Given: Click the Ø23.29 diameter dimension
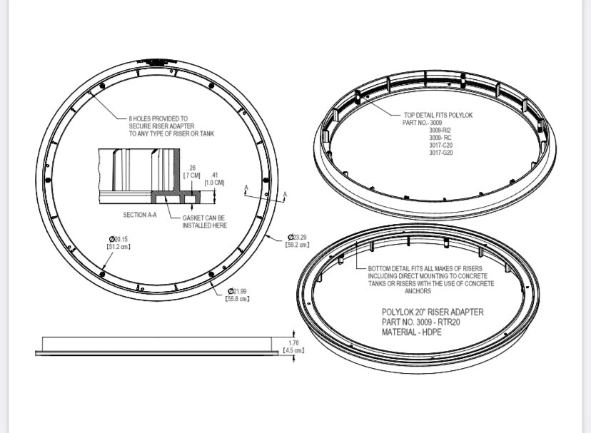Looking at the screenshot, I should click(297, 237).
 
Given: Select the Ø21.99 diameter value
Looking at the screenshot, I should click(238, 291).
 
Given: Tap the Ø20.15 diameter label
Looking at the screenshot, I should click(118, 239).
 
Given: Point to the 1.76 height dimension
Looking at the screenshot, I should click(294, 342).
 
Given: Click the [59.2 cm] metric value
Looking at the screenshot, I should click(297, 245).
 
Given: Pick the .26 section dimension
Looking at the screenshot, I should click(192, 168).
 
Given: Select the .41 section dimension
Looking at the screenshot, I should click(215, 174).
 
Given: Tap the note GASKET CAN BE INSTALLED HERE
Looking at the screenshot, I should click(205, 221).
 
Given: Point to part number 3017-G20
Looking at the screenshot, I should click(440, 153).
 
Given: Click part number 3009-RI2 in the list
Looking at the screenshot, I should click(440, 130).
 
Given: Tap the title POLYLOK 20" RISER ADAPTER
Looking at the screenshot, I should click(433, 312).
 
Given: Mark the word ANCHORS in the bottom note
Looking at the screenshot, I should click(418, 291).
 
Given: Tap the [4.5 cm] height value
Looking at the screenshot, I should click(294, 350).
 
